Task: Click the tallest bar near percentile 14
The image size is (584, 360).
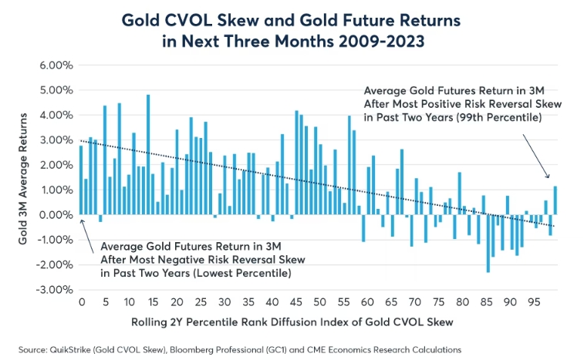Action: point(148,154)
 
